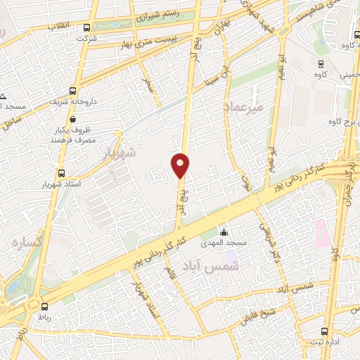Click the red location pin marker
(x=180, y=165)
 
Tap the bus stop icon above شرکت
(x=86, y=28)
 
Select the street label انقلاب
(x=58, y=26)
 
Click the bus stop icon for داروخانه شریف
(x=73, y=91)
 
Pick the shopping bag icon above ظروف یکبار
(x=72, y=120)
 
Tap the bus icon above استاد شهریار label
(x=60, y=172)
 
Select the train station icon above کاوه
(x=321, y=63)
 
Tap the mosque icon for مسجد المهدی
(x=224, y=233)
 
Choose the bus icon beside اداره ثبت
(x=324, y=331)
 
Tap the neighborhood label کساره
(x=25, y=243)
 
